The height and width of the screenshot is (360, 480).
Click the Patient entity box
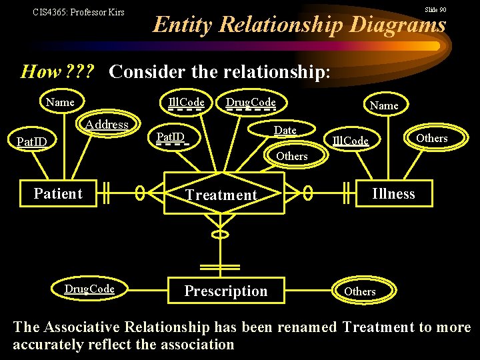point(58,194)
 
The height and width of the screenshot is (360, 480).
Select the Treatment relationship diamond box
point(221,195)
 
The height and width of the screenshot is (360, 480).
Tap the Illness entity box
point(393,194)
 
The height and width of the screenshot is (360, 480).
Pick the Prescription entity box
point(225,291)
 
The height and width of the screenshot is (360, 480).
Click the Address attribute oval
point(107,125)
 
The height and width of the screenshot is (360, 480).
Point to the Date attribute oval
point(285,130)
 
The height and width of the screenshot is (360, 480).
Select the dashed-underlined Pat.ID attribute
point(170,137)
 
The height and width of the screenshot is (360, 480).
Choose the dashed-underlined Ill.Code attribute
point(186,102)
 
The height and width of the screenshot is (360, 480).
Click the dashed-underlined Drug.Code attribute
point(251,102)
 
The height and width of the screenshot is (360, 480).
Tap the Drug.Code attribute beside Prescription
point(89,289)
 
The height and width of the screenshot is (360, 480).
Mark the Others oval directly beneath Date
point(291,156)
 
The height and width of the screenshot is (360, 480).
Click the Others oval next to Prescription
point(360,291)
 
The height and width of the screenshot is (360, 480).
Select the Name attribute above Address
point(60,102)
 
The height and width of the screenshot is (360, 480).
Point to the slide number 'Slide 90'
point(435,10)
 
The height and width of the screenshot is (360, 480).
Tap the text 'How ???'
point(57,71)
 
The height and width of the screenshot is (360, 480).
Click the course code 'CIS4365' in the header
point(51,12)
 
